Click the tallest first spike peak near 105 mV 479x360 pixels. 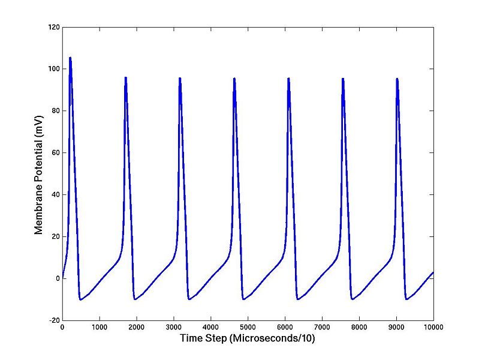(x=70, y=58)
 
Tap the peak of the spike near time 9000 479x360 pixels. (x=397, y=79)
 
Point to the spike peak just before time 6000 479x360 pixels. (x=288, y=79)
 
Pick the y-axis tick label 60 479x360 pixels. (x=54, y=153)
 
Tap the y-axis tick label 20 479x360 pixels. (x=54, y=236)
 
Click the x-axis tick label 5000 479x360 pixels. (x=248, y=327)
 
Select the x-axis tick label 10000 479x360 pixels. (x=433, y=327)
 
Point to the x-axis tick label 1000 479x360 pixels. (x=100, y=327)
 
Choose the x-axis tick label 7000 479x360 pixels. (x=322, y=327)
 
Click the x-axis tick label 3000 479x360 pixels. (x=173, y=327)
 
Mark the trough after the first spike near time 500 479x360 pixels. (x=80, y=299)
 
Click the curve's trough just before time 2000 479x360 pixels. (x=135, y=299)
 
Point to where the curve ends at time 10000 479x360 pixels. (x=433, y=272)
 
